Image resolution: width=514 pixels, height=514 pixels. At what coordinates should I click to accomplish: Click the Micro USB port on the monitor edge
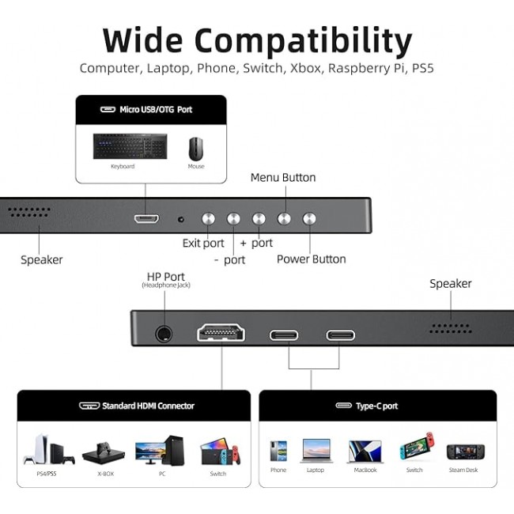(146, 218)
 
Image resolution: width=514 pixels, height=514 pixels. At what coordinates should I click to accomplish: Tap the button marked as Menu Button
(284, 218)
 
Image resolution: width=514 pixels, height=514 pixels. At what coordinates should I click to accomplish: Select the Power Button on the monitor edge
(309, 218)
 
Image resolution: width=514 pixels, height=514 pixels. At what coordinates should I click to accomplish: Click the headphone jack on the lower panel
(164, 334)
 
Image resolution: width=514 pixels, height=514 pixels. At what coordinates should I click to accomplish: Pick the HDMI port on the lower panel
(221, 333)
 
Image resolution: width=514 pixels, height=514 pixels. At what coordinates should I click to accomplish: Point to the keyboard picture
(130, 146)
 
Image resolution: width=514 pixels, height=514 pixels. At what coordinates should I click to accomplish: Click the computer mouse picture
(195, 149)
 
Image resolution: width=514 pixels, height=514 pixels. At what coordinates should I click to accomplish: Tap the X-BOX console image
(104, 452)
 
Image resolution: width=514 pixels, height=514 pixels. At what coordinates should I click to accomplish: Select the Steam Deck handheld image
(466, 452)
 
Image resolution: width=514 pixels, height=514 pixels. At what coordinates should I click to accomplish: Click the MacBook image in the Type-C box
(365, 452)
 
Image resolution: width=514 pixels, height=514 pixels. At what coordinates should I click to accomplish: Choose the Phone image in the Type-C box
(278, 451)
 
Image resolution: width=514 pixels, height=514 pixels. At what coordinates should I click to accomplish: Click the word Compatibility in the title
(303, 40)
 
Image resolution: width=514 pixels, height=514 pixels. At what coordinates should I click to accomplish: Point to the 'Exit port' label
(203, 244)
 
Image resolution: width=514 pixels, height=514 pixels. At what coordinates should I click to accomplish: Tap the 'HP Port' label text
(166, 276)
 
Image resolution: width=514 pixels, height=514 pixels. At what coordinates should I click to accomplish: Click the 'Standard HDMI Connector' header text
(148, 406)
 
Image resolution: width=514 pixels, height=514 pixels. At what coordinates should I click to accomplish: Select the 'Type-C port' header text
(377, 406)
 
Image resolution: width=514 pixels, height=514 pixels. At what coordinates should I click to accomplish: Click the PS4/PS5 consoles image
(48, 449)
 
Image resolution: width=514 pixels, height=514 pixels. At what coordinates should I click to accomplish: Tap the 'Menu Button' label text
(283, 177)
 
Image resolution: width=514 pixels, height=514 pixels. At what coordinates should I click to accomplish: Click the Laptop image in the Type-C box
(316, 451)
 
